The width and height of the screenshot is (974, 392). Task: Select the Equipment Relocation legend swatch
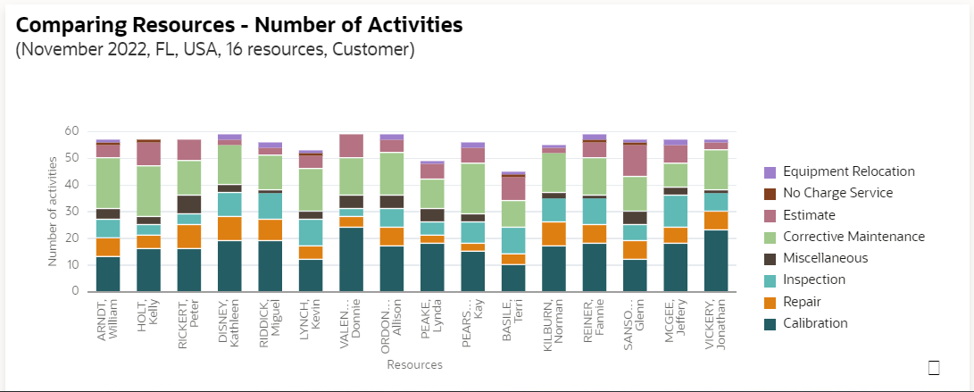(x=770, y=172)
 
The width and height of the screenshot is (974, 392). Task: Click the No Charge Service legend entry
(x=837, y=193)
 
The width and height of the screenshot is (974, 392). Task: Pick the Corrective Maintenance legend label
(x=853, y=237)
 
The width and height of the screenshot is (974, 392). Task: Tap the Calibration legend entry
(x=815, y=323)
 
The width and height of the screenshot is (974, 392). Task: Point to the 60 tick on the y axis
(x=72, y=131)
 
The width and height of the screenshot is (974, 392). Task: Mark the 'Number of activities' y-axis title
(x=52, y=211)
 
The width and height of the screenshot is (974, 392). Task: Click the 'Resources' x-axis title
(x=414, y=364)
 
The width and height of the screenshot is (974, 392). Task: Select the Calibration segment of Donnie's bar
(x=352, y=259)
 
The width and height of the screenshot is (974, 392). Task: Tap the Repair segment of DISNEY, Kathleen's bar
(x=230, y=229)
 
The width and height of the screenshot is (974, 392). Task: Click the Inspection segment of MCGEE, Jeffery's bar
(x=676, y=212)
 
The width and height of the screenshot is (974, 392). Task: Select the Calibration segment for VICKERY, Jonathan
(x=716, y=261)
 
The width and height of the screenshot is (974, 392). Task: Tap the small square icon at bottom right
(x=935, y=367)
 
